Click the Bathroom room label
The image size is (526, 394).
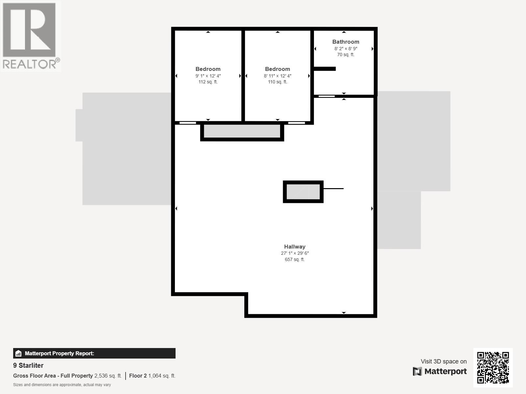346,42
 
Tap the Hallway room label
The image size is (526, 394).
295,247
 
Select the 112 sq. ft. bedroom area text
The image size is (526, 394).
208,82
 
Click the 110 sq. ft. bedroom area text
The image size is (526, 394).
277,82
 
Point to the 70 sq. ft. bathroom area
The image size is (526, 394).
346,55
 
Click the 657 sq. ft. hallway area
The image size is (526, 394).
295,259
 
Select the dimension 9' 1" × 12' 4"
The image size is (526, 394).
208,76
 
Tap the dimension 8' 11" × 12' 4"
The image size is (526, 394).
277,76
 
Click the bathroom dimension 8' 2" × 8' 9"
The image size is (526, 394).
346,49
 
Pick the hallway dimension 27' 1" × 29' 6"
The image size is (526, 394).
295,253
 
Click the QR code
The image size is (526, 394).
493,367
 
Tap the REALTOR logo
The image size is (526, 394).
31,36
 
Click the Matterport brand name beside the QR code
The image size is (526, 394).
445,371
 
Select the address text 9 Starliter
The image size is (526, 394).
28,365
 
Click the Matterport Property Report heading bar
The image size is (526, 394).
94,353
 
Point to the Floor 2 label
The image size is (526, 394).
138,376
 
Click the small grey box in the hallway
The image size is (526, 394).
303,192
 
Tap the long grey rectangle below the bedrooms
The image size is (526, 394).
242,131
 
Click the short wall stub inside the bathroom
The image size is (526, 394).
324,69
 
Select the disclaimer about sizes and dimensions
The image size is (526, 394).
62,385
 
